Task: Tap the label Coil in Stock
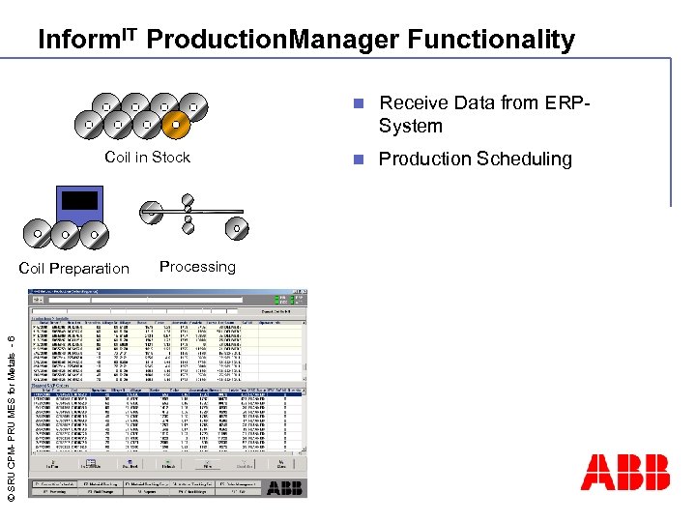147,158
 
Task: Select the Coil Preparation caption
74,269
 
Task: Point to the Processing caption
197,267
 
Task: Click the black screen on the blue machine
79,200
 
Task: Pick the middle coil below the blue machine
65,233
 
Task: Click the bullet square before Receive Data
358,102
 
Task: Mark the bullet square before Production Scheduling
358,159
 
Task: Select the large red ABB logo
624,472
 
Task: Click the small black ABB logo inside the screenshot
285,488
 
